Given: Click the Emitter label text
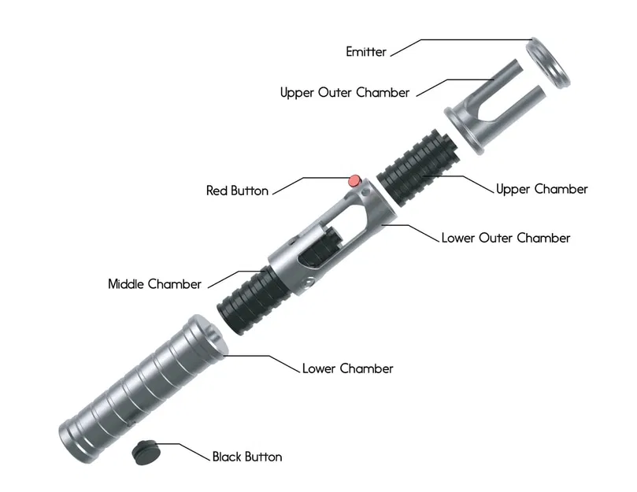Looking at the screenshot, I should click(366, 52).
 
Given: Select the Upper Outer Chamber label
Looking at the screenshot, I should click(345, 92).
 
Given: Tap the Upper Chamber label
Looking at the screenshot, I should click(542, 189).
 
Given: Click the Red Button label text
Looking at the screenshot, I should click(237, 191).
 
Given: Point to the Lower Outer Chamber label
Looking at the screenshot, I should click(506, 237).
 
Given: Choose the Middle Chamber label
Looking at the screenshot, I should click(154, 283).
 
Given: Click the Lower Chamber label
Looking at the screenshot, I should click(347, 368).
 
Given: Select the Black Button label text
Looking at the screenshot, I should click(246, 457).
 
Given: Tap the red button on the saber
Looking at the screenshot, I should click(355, 180).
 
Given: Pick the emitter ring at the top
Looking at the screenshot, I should click(548, 62).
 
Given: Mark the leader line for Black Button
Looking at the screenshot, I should click(189, 450).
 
